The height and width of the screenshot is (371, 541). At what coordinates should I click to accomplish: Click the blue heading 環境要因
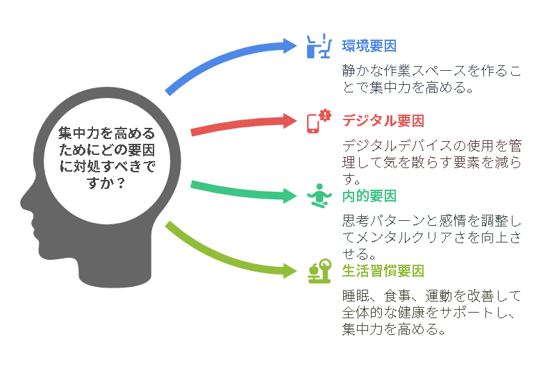click(x=369, y=47)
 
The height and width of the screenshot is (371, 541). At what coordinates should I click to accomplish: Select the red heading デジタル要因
click(x=383, y=121)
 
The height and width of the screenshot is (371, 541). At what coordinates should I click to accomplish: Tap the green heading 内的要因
click(x=369, y=196)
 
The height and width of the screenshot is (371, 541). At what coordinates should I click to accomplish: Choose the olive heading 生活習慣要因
click(x=383, y=271)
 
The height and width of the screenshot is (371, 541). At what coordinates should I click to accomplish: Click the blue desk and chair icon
click(x=319, y=46)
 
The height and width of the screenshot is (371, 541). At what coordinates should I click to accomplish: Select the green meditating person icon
click(x=319, y=196)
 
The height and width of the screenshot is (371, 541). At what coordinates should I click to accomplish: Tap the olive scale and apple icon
click(x=319, y=271)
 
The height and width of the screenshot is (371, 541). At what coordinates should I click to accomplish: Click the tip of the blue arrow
click(x=297, y=46)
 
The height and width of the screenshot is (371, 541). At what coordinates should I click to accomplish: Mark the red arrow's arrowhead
click(x=290, y=121)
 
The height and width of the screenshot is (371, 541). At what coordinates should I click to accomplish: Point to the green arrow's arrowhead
click(x=290, y=196)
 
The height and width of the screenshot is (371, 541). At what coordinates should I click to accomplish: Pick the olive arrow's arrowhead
click(x=290, y=270)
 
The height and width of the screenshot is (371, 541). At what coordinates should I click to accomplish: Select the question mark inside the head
click(x=120, y=183)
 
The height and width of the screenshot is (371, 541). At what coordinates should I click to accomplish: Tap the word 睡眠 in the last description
click(x=356, y=296)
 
